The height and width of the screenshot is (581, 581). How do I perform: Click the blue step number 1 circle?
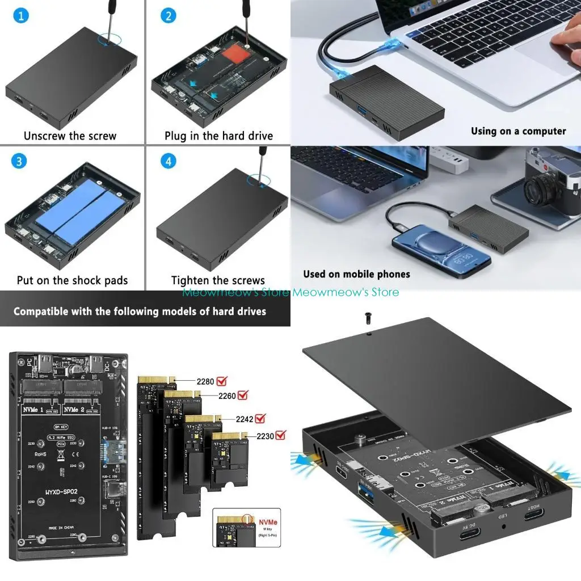[x=20, y=15]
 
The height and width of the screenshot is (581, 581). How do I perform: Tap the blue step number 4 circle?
[x=168, y=161]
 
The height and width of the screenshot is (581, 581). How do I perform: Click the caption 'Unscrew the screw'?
[x=70, y=136]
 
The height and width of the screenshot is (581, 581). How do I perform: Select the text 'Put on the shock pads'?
[x=72, y=280]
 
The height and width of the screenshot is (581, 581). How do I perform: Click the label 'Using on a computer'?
[x=518, y=131]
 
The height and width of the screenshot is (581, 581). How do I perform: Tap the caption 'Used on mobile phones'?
[x=356, y=274]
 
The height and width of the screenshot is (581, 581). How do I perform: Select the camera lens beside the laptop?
[x=540, y=192]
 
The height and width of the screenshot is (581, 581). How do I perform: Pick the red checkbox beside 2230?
[x=280, y=435]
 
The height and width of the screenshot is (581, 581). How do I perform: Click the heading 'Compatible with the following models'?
[x=140, y=311]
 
